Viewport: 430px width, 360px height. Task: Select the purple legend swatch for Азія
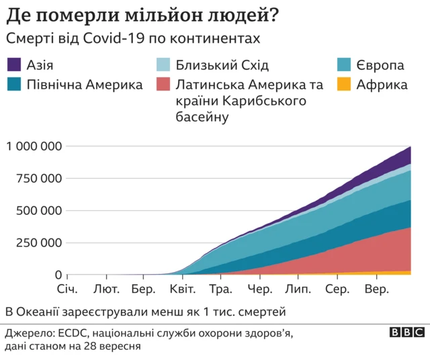point(14,65)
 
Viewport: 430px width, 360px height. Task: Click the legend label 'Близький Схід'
point(222,65)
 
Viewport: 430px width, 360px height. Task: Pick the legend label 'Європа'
point(380,65)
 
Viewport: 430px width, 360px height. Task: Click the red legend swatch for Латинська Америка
point(162,85)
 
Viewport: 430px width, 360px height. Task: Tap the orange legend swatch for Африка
point(343,85)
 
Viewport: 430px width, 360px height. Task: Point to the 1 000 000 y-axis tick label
point(34,146)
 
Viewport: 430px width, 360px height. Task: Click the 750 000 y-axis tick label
point(40,179)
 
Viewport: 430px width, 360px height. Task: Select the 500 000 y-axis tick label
point(40,211)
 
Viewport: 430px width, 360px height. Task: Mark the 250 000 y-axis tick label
point(40,243)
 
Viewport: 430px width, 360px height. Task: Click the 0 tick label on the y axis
point(58,275)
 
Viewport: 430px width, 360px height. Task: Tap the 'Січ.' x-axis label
point(67,289)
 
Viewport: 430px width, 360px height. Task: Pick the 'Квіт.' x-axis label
point(182,289)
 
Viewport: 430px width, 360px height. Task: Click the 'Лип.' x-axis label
point(298,289)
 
